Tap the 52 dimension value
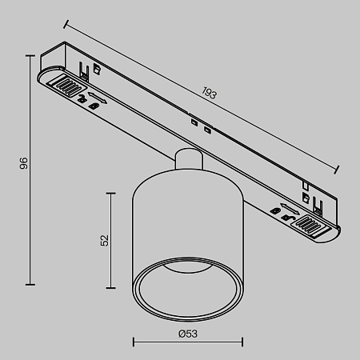point(103,240)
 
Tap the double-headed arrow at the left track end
point(97,102)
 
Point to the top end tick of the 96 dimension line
point(31,54)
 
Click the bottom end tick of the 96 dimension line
point(31,283)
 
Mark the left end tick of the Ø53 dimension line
point(132,342)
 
